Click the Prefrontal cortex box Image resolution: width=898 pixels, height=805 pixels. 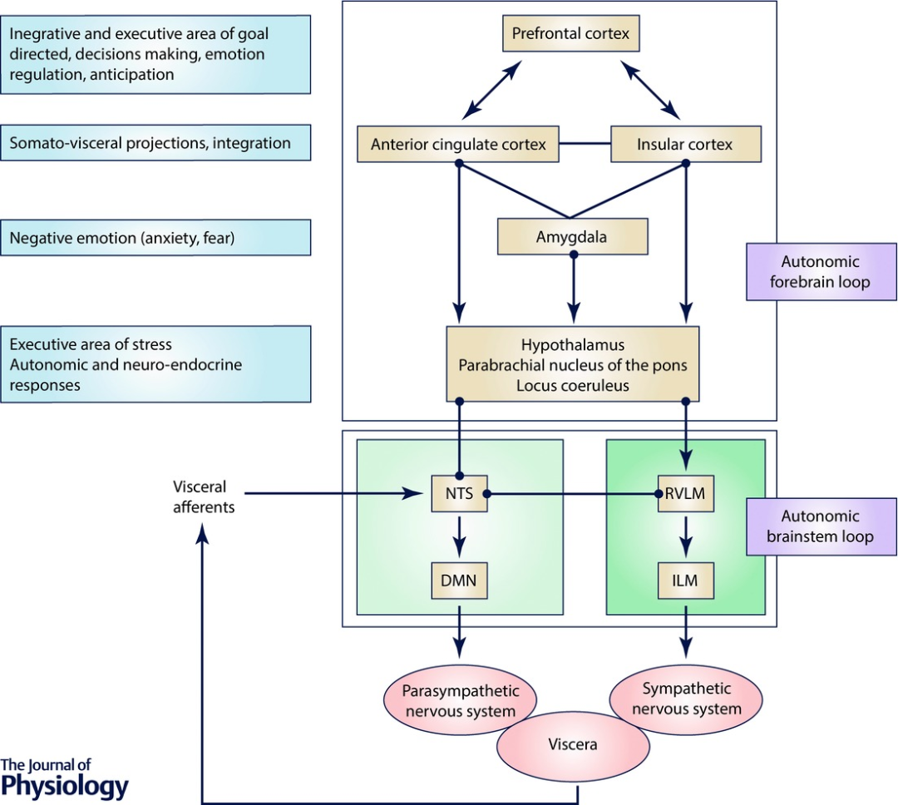click(x=571, y=35)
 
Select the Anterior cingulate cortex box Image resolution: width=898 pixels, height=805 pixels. click(x=458, y=145)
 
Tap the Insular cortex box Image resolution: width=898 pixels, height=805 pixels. click(x=685, y=145)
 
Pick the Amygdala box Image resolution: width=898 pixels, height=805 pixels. click(x=571, y=237)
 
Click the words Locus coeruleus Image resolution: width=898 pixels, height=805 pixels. click(x=571, y=385)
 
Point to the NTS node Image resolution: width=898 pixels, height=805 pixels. click(x=459, y=493)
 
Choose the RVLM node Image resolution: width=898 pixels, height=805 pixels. click(x=686, y=493)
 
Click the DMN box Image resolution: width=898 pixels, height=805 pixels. click(x=459, y=581)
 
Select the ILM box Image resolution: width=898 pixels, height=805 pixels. click(x=686, y=581)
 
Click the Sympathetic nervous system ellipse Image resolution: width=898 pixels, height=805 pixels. click(x=687, y=699)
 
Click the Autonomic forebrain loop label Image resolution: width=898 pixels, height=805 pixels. click(x=822, y=272)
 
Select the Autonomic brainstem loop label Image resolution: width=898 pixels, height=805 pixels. click(x=822, y=526)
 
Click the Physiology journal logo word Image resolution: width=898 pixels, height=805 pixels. click(x=65, y=785)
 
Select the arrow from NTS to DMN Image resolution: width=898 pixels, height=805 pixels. click(x=459, y=537)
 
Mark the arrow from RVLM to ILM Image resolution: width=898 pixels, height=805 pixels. click(x=686, y=537)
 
